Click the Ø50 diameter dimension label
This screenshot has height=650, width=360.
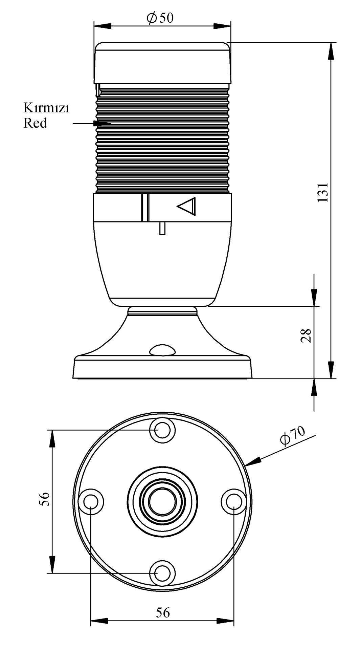[160, 18]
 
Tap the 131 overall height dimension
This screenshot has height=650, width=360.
[323, 193]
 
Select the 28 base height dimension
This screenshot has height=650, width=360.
[306, 335]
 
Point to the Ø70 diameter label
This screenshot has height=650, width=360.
[293, 436]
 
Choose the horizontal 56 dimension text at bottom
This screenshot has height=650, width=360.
[163, 612]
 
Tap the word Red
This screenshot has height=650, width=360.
[35, 123]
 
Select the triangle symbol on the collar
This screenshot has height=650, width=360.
[187, 206]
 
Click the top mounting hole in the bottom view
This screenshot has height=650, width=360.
[162, 430]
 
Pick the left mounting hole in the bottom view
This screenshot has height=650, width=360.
[91, 501]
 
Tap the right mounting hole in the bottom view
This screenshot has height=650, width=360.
[234, 501]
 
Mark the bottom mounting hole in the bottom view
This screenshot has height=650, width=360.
[162, 573]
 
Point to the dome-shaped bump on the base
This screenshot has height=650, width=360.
[162, 350]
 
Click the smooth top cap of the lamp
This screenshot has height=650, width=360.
[162, 63]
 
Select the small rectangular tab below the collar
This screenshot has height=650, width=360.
[162, 228]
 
